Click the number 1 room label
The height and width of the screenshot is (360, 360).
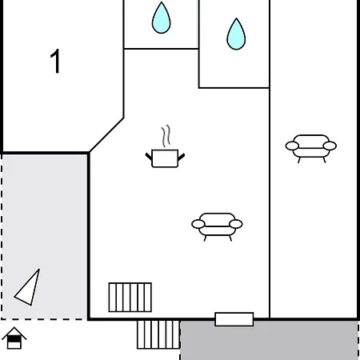(x=55, y=61)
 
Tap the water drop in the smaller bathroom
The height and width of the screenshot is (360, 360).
(x=161, y=18)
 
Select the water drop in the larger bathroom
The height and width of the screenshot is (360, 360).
(x=236, y=34)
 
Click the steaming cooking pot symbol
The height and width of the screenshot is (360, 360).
(x=165, y=146)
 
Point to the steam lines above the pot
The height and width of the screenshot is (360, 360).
(x=166, y=136)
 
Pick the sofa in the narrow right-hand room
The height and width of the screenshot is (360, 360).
(x=311, y=149)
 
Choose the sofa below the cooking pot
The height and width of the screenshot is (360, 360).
(x=217, y=227)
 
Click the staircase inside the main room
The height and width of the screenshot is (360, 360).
(x=130, y=298)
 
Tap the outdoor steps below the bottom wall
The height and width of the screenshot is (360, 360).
(x=158, y=334)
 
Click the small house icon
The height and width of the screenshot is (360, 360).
(x=14, y=338)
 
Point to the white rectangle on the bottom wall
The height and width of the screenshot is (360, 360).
(x=234, y=319)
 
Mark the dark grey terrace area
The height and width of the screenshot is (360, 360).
(x=270, y=340)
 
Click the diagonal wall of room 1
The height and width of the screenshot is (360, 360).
(x=106, y=135)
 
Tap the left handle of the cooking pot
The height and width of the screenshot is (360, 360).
(x=149, y=157)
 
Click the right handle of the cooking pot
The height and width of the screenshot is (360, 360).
(x=181, y=157)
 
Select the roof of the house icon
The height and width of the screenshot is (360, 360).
(x=14, y=333)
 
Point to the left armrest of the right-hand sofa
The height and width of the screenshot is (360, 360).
(x=292, y=146)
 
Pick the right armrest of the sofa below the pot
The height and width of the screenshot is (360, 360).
(x=236, y=224)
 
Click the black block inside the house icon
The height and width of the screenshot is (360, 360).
(x=14, y=339)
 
